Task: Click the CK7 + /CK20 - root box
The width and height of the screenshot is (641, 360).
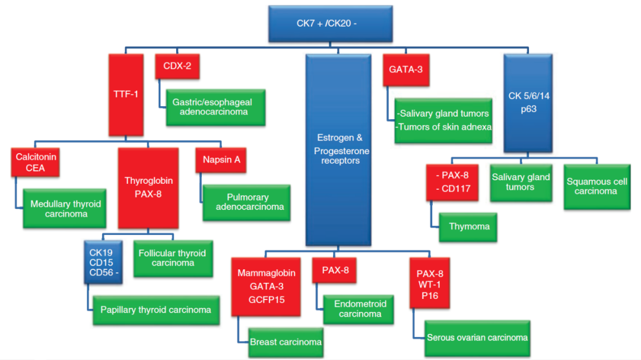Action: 322,24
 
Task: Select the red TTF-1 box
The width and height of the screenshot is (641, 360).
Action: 126,95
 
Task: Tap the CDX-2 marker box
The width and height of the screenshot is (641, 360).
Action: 177,66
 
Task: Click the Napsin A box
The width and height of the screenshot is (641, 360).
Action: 221,161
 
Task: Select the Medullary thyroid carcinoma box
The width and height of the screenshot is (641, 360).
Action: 65,209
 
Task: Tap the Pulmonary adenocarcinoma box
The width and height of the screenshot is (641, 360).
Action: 247,202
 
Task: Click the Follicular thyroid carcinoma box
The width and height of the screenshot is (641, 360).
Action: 173,258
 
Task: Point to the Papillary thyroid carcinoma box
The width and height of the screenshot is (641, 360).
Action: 156,310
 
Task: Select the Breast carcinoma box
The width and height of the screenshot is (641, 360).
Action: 285,342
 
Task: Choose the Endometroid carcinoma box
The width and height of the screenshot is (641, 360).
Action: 359,308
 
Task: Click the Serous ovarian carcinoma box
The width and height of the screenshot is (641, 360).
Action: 477,338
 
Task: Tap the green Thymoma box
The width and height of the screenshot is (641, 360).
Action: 468,227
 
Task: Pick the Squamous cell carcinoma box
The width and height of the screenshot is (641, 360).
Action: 596,186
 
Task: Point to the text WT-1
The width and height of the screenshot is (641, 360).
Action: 429,284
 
